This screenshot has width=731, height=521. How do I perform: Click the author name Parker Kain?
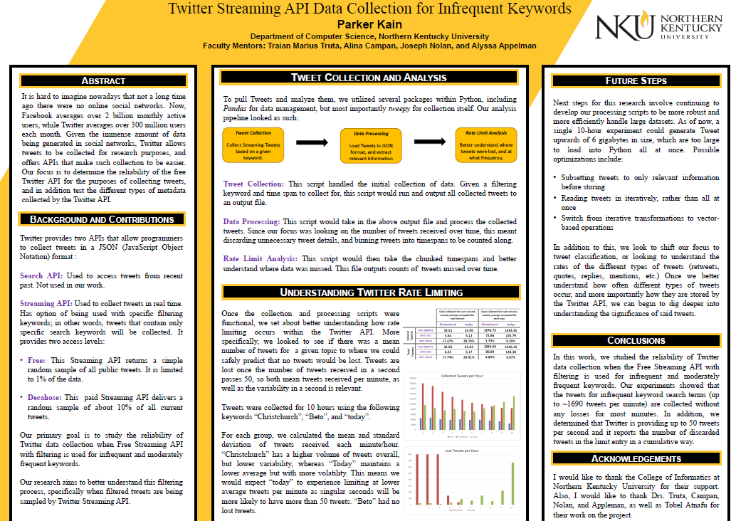369,24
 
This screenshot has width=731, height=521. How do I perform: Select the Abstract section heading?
103,80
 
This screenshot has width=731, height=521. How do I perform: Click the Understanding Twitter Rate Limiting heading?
371,292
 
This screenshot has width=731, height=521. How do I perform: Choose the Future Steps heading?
636,80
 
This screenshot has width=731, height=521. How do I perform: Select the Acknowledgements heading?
636,458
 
